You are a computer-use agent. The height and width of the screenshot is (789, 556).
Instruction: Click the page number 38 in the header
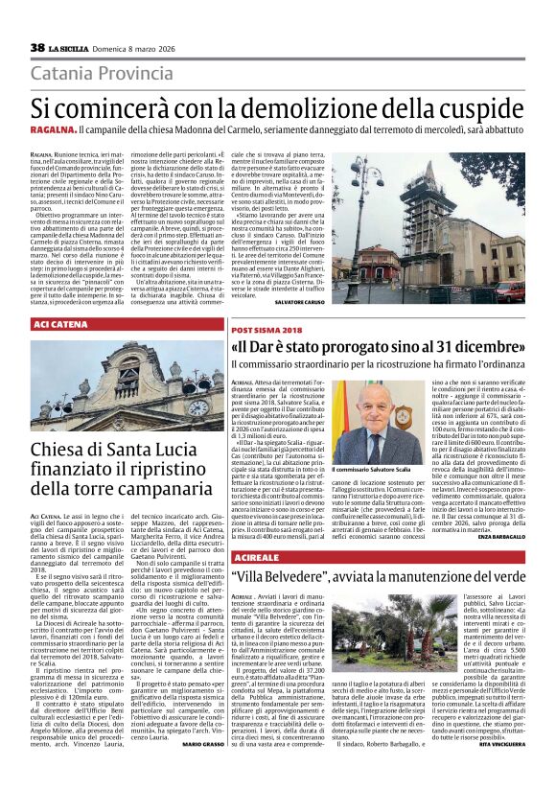point(37,47)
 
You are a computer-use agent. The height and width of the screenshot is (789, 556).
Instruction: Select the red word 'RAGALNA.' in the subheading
point(53,129)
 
